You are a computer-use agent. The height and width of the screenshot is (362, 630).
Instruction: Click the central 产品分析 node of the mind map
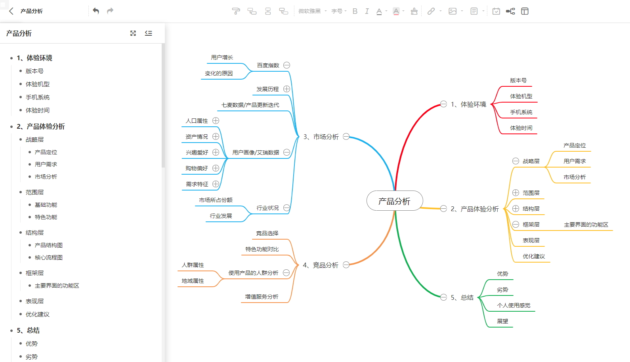pyautogui.click(x=395, y=201)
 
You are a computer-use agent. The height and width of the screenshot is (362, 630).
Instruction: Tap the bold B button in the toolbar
pyautogui.click(x=355, y=11)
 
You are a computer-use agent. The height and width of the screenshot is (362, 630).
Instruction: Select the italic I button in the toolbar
pyautogui.click(x=367, y=11)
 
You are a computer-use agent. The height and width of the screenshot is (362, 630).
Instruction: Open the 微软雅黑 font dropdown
pyautogui.click(x=312, y=11)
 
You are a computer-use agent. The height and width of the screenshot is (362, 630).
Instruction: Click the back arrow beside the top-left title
pyautogui.click(x=11, y=11)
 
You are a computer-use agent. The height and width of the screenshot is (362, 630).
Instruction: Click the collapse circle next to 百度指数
pyautogui.click(x=286, y=65)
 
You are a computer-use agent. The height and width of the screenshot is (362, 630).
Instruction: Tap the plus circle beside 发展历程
pyautogui.click(x=286, y=89)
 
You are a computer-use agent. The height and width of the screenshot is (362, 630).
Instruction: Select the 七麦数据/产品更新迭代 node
pyautogui.click(x=250, y=105)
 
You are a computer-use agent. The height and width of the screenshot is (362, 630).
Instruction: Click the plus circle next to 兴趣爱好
pyautogui.click(x=216, y=152)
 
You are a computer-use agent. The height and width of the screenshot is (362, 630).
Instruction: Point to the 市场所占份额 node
pyautogui.click(x=216, y=200)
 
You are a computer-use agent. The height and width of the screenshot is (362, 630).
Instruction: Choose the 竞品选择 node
pyautogui.click(x=267, y=233)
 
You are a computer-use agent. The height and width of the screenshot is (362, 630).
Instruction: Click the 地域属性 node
pyautogui.click(x=193, y=281)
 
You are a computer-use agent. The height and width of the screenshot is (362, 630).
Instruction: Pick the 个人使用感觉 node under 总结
pyautogui.click(x=514, y=305)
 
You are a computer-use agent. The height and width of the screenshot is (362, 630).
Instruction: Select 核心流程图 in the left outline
pyautogui.click(x=49, y=257)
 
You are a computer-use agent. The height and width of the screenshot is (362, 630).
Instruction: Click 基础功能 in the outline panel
pyautogui.click(x=46, y=205)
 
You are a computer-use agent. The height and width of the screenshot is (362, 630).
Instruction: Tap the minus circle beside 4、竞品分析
pyautogui.click(x=346, y=265)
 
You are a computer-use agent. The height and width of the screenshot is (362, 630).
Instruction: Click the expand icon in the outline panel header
pyautogui.click(x=133, y=33)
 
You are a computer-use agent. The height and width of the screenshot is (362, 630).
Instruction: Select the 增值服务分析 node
pyautogui.click(x=262, y=297)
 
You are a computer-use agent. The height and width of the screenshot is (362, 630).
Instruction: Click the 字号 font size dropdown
pyautogui.click(x=339, y=11)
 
